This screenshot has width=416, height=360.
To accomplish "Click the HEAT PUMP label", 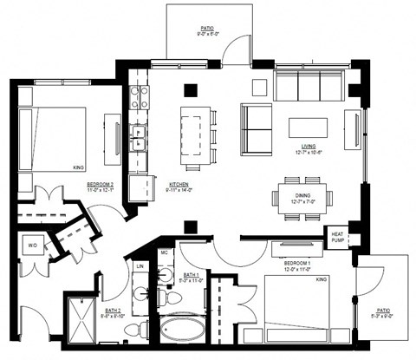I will coord(337,235).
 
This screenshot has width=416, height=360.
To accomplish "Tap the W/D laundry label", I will coord(32,246).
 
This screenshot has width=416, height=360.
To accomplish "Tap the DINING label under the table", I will coord(302,196).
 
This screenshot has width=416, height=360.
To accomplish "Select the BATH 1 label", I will coord(177,277).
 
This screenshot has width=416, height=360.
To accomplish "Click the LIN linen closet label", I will coord(139,266).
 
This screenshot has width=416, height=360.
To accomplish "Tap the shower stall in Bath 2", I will coord(84,323).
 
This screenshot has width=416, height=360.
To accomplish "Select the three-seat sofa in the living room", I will coord(309,86).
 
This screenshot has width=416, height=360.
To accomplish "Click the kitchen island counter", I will coord(192,135).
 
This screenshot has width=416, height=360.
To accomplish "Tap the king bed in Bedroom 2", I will coord(55,137).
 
